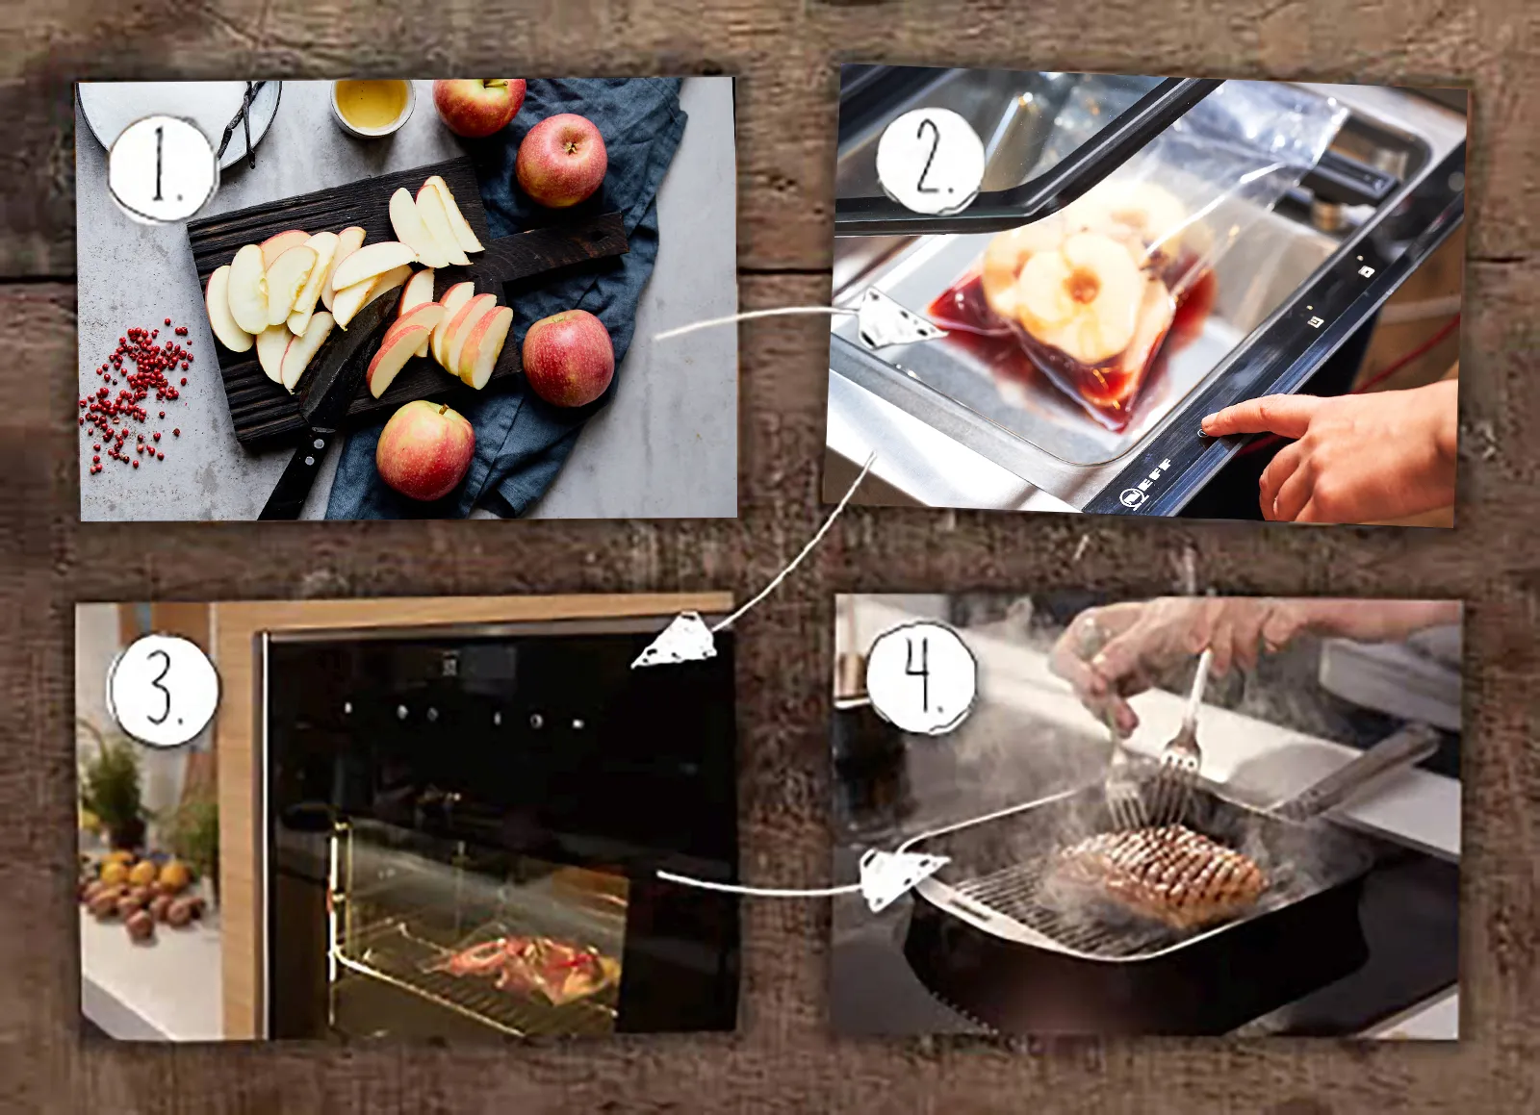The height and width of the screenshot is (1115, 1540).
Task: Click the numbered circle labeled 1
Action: point(163,169)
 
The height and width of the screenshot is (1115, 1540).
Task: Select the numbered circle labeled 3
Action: point(164,690)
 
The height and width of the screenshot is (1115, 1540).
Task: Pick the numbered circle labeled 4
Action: point(921,676)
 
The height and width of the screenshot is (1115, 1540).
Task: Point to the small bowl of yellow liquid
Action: point(372,107)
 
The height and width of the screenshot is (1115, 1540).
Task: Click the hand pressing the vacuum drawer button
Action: point(1341,446)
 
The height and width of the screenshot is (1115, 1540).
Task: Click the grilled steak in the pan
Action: point(1159,875)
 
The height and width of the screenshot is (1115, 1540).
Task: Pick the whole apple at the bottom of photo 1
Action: point(424,450)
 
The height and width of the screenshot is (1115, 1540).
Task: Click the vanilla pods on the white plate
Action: point(242,124)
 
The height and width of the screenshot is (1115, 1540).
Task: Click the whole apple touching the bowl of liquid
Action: point(478,106)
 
